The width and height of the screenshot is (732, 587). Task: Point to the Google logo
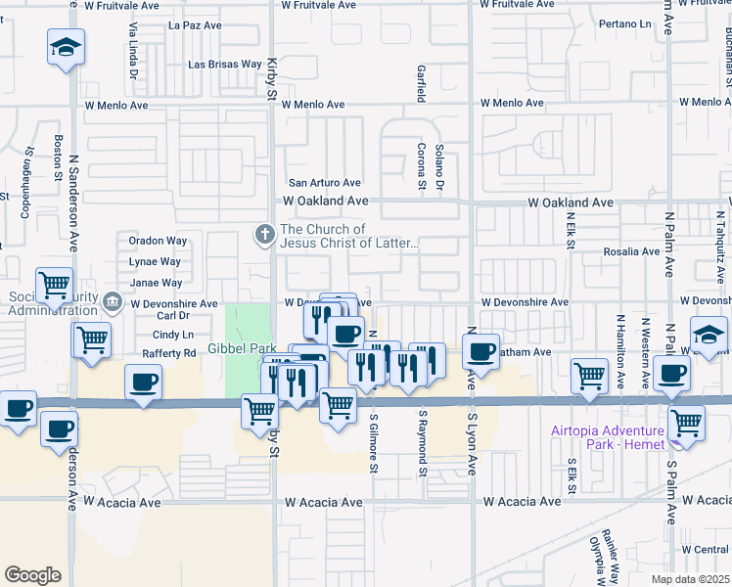click(x=32, y=575)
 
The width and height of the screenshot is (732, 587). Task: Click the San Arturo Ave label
click(x=325, y=183)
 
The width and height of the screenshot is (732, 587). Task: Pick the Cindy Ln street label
click(x=174, y=335)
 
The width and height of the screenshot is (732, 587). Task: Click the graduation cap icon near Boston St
click(x=66, y=46)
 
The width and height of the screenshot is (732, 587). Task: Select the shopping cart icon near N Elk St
click(x=589, y=375)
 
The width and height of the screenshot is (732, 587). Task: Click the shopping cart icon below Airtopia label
click(x=687, y=423)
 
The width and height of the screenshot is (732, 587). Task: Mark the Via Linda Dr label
click(x=131, y=48)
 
